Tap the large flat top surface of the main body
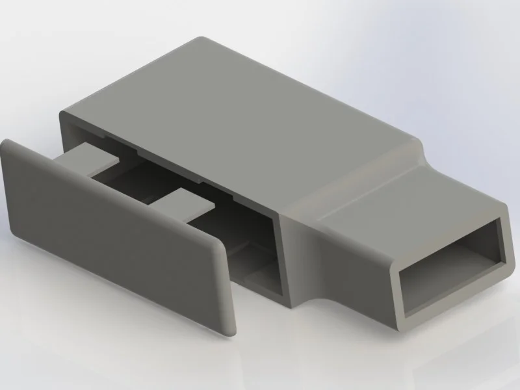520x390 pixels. [240, 117]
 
